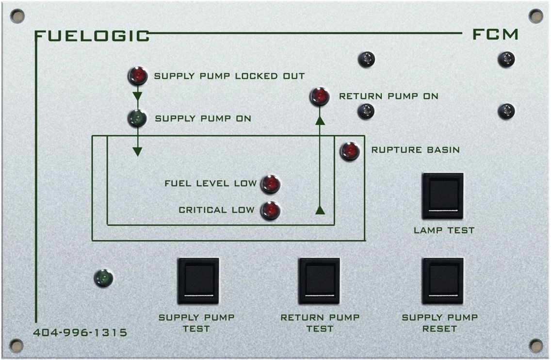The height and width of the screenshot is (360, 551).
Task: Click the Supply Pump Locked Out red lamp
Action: pyautogui.click(x=138, y=76)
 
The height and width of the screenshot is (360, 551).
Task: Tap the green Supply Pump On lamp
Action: pyautogui.click(x=137, y=118)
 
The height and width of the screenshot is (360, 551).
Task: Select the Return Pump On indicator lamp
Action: pyautogui.click(x=320, y=97)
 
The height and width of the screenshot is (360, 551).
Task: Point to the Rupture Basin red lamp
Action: pyautogui.click(x=350, y=151)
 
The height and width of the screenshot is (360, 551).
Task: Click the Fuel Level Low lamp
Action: pyautogui.click(x=270, y=184)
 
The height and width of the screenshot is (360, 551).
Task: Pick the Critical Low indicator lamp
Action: pyautogui.click(x=270, y=210)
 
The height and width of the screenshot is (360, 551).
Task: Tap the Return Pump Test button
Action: pyautogui.click(x=319, y=281)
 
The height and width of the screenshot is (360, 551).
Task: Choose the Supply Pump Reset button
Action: pyautogui.click(x=443, y=281)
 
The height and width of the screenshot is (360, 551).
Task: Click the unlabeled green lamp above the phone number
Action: pyautogui.click(x=104, y=278)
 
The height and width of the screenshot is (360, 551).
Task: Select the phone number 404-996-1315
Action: pyautogui.click(x=80, y=332)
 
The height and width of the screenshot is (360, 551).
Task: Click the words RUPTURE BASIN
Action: pyautogui.click(x=415, y=150)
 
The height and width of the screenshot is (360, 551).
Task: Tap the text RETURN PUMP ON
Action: pyautogui.click(x=389, y=96)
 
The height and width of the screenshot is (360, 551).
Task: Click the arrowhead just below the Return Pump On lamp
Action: pyautogui.click(x=320, y=121)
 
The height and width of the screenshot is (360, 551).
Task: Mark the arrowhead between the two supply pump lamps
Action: pyautogui.click(x=137, y=96)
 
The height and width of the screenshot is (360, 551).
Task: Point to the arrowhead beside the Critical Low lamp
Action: pyautogui.click(x=320, y=210)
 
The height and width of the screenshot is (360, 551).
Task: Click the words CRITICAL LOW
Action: pyautogui.click(x=216, y=210)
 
